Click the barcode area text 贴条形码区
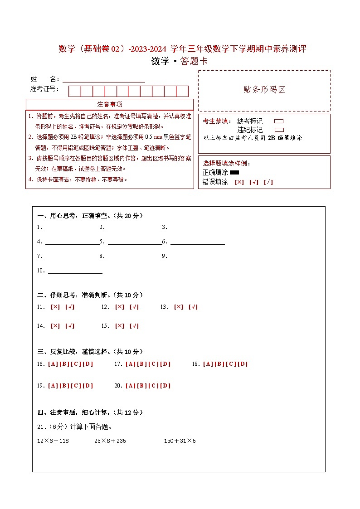point(264,90)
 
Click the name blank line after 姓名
point(104,80)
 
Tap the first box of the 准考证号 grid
point(74,91)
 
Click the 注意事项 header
point(110,105)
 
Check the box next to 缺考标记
point(279,121)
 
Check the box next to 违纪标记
point(279,130)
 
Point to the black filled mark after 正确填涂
point(234,173)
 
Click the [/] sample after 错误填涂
point(268,182)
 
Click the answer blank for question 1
point(72,228)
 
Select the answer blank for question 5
point(135,242)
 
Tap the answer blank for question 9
point(197,257)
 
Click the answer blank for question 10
point(75,271)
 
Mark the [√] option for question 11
point(70,307)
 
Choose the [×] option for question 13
point(179,307)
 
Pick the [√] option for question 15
point(134,326)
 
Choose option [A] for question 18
point(208,364)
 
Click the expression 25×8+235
point(110,441)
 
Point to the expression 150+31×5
point(180,441)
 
